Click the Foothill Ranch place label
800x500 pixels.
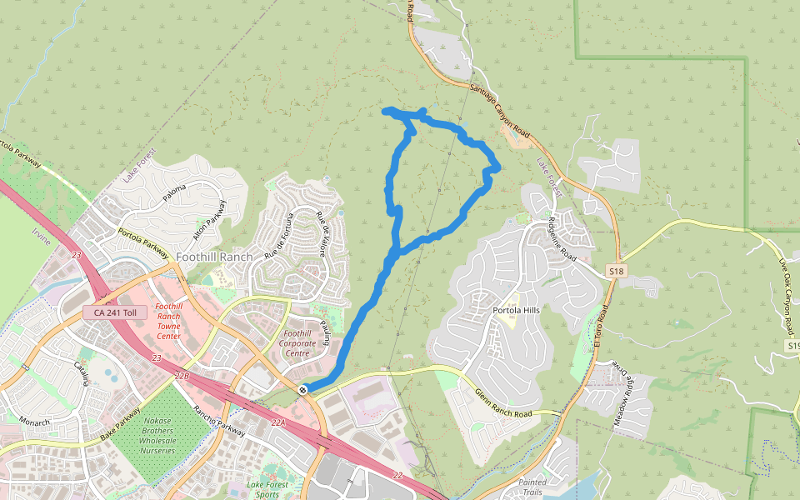(214, 257)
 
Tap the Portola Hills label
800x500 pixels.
(517, 310)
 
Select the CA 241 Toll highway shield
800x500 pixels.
(115, 312)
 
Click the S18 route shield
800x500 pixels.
(616, 272)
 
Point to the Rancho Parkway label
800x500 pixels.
(220, 422)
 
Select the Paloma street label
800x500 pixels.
(175, 193)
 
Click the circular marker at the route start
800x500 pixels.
(302, 389)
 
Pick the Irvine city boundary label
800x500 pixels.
(42, 242)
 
